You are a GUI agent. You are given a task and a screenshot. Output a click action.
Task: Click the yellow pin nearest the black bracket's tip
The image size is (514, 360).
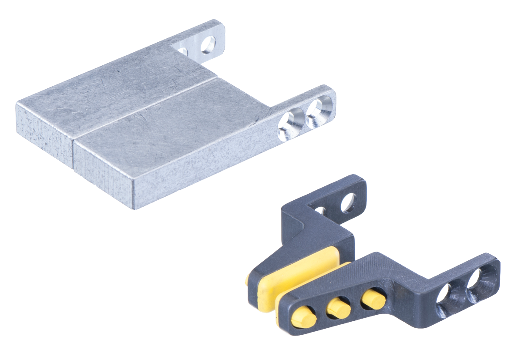(x=303, y=316)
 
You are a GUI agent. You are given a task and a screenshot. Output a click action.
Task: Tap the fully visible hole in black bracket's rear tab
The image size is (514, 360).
(x=348, y=202)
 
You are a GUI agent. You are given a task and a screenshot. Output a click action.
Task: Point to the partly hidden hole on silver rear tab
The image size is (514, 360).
(x=183, y=51)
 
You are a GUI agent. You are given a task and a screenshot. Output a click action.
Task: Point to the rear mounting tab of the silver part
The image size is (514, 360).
(x=205, y=41)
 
